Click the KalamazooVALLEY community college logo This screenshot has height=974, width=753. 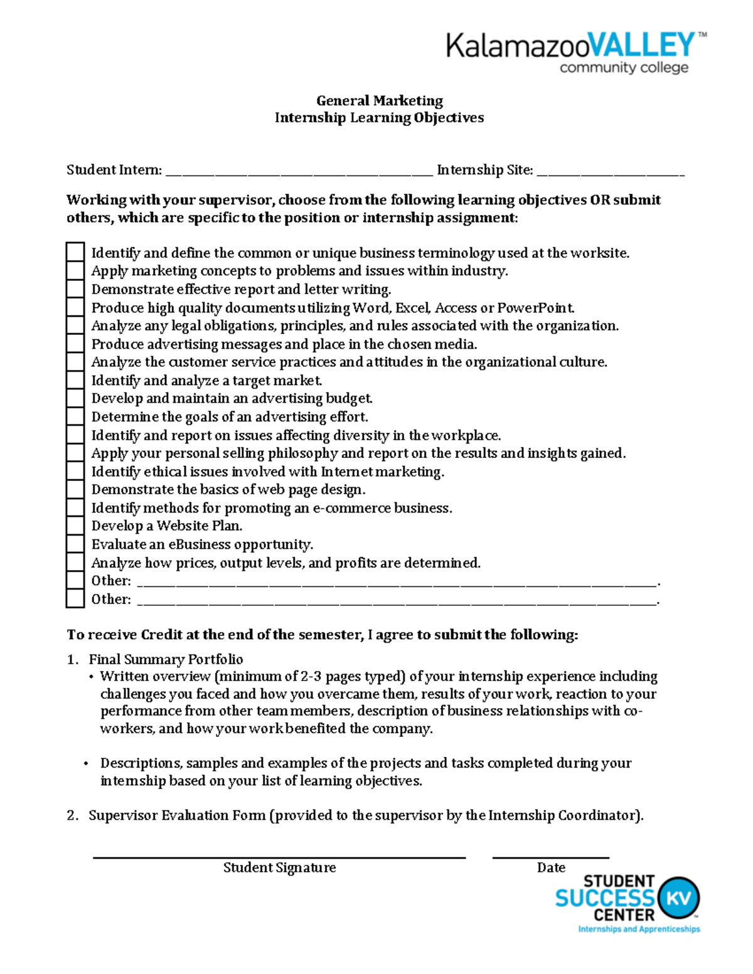pos(575,53)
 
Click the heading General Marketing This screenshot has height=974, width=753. pos(379,100)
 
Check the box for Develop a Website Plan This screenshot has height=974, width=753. pos(75,526)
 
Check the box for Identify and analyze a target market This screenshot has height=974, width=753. pos(75,380)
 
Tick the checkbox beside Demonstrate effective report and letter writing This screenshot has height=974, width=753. pos(75,289)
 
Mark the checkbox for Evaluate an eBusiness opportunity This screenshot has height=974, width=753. pos(75,544)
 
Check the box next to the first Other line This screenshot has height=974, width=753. pos(75,580)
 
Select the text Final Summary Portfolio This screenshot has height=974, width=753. pos(166,659)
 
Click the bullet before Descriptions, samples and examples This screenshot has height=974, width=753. pos(86,763)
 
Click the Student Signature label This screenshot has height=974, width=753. pos(279,867)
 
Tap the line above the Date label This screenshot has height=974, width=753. pos(550,857)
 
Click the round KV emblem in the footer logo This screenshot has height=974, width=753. pos(678,898)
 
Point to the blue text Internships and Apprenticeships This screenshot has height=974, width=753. pos(638,929)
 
